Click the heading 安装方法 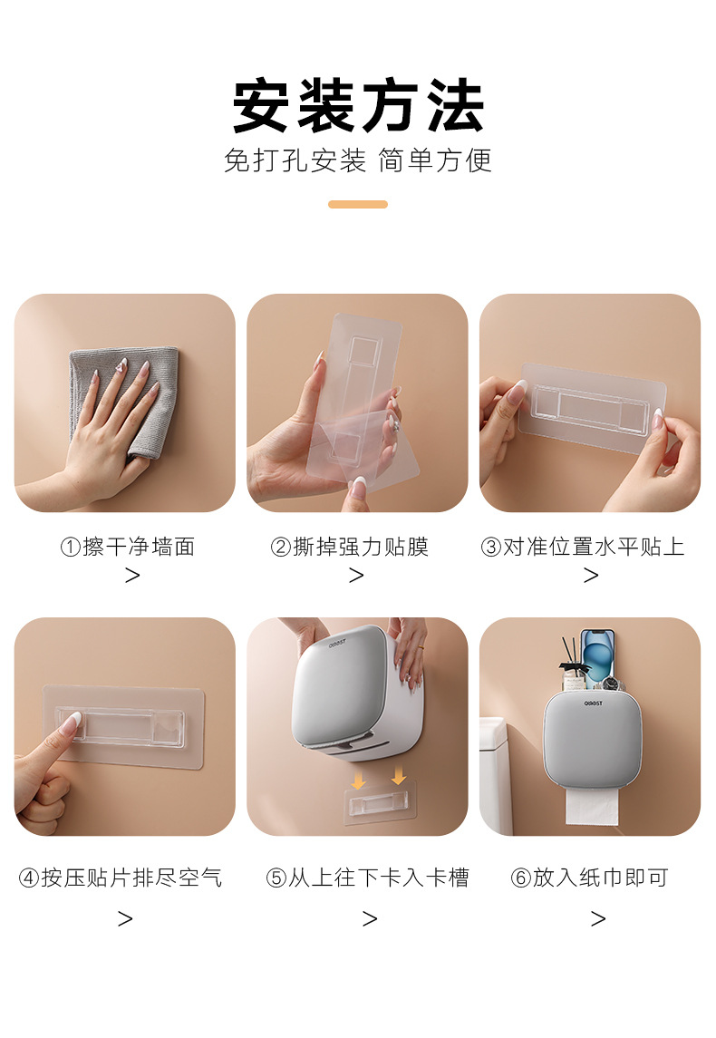[358, 107]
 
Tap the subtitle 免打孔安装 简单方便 [358, 160]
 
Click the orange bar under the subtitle [358, 205]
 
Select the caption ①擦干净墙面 [127, 547]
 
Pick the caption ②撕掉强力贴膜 [349, 547]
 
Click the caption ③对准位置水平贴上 [583, 547]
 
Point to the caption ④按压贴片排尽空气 [121, 878]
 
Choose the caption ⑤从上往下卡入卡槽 [368, 878]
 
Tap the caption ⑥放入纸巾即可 [589, 878]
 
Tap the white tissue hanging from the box [591, 802]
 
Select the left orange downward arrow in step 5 [359, 778]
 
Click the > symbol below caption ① [132, 576]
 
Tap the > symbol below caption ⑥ [598, 919]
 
